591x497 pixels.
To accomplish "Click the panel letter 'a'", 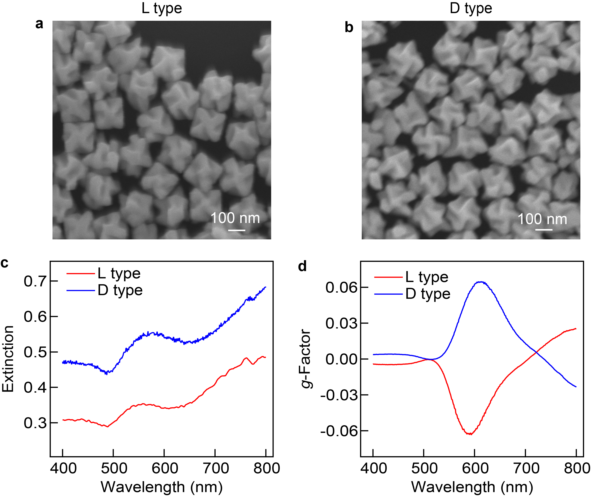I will point(39,24).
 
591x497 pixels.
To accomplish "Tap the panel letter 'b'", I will point(349,28).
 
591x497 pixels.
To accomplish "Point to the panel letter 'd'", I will point(302,266).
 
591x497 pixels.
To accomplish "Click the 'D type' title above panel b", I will point(471,8).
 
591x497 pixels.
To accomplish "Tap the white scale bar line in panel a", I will point(237,230).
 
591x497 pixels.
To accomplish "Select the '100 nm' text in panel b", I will point(542,219).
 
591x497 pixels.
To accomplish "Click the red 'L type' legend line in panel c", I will point(81,273).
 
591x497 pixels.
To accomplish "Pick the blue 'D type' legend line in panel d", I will point(388,294).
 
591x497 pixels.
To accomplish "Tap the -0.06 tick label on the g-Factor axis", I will point(339,431).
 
